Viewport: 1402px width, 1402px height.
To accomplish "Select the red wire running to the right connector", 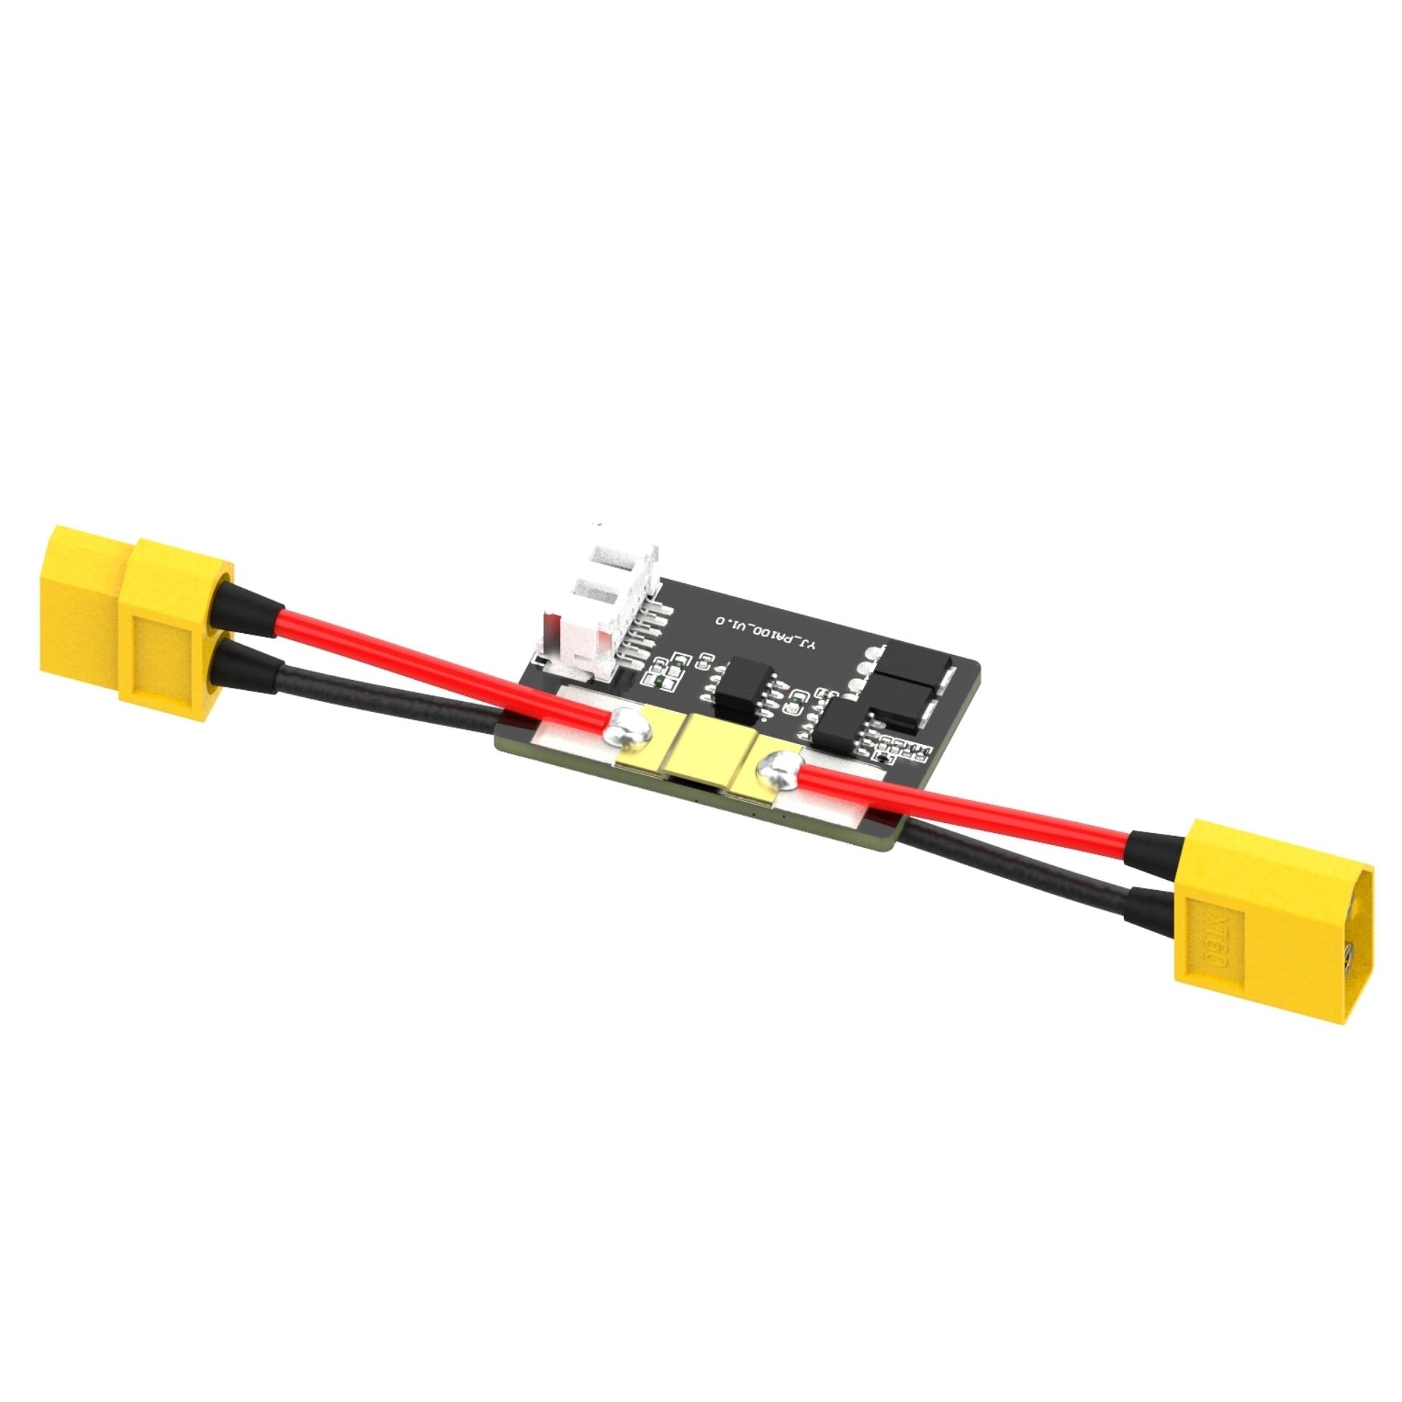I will (964, 814).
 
